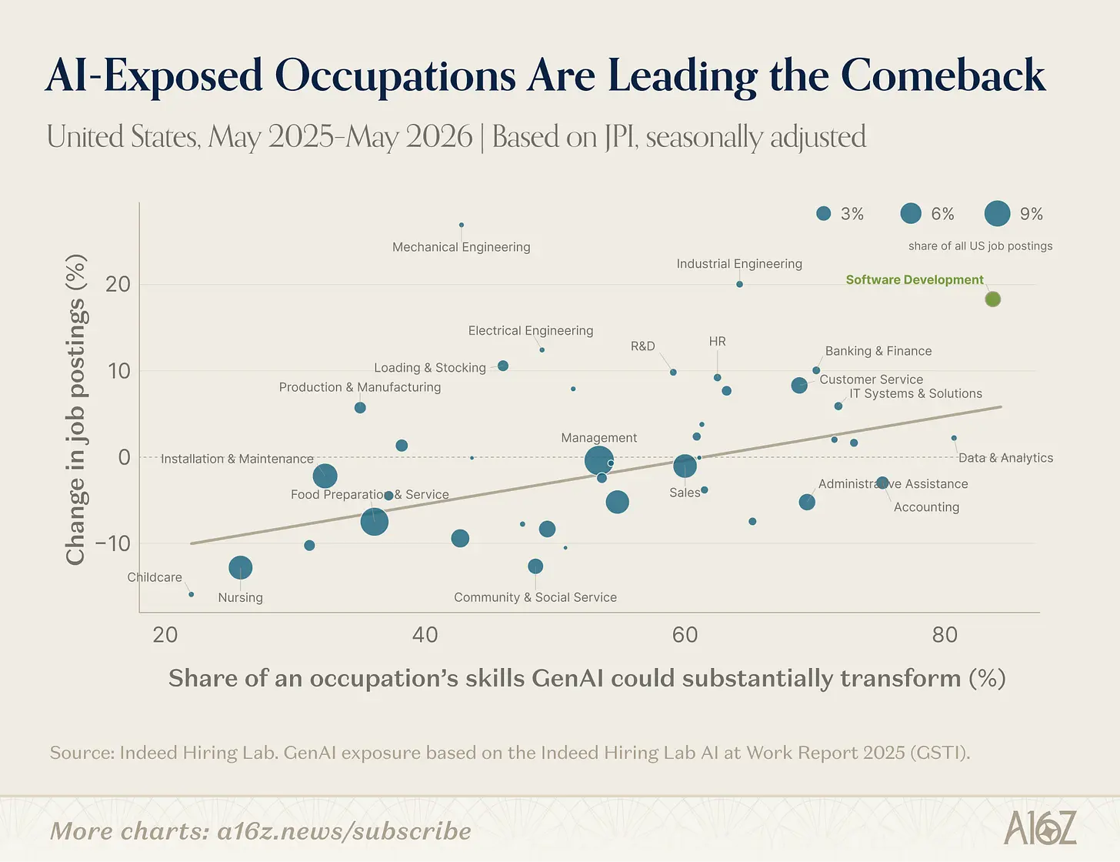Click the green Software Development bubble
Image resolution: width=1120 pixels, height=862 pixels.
point(992,299)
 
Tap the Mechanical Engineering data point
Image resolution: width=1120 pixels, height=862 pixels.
point(462,225)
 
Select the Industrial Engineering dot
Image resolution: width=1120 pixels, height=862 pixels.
point(739,284)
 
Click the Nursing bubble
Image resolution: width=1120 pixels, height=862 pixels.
point(240,568)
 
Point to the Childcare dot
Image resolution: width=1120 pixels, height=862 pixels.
point(192,594)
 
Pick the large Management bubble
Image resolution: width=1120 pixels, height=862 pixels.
point(598,460)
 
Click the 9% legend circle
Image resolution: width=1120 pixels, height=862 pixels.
point(997,213)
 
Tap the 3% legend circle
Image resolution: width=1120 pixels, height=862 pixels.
point(824,213)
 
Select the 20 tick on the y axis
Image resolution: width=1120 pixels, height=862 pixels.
point(118,284)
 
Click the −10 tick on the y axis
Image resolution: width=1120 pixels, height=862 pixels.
point(113,543)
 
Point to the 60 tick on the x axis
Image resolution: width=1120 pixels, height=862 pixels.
point(685,635)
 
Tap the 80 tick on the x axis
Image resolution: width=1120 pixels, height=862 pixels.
point(945,635)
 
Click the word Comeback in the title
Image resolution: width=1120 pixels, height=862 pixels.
point(943,75)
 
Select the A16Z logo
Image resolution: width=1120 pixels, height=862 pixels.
point(1040,827)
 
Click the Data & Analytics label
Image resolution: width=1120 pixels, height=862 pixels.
point(1005,458)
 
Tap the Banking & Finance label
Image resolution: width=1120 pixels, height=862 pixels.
point(878,351)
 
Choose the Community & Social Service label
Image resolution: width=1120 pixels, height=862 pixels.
point(535,597)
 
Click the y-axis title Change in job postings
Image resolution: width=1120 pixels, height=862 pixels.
point(75,409)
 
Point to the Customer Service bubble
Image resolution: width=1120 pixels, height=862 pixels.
point(799,385)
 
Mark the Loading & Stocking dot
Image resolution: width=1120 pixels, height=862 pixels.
point(503,366)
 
